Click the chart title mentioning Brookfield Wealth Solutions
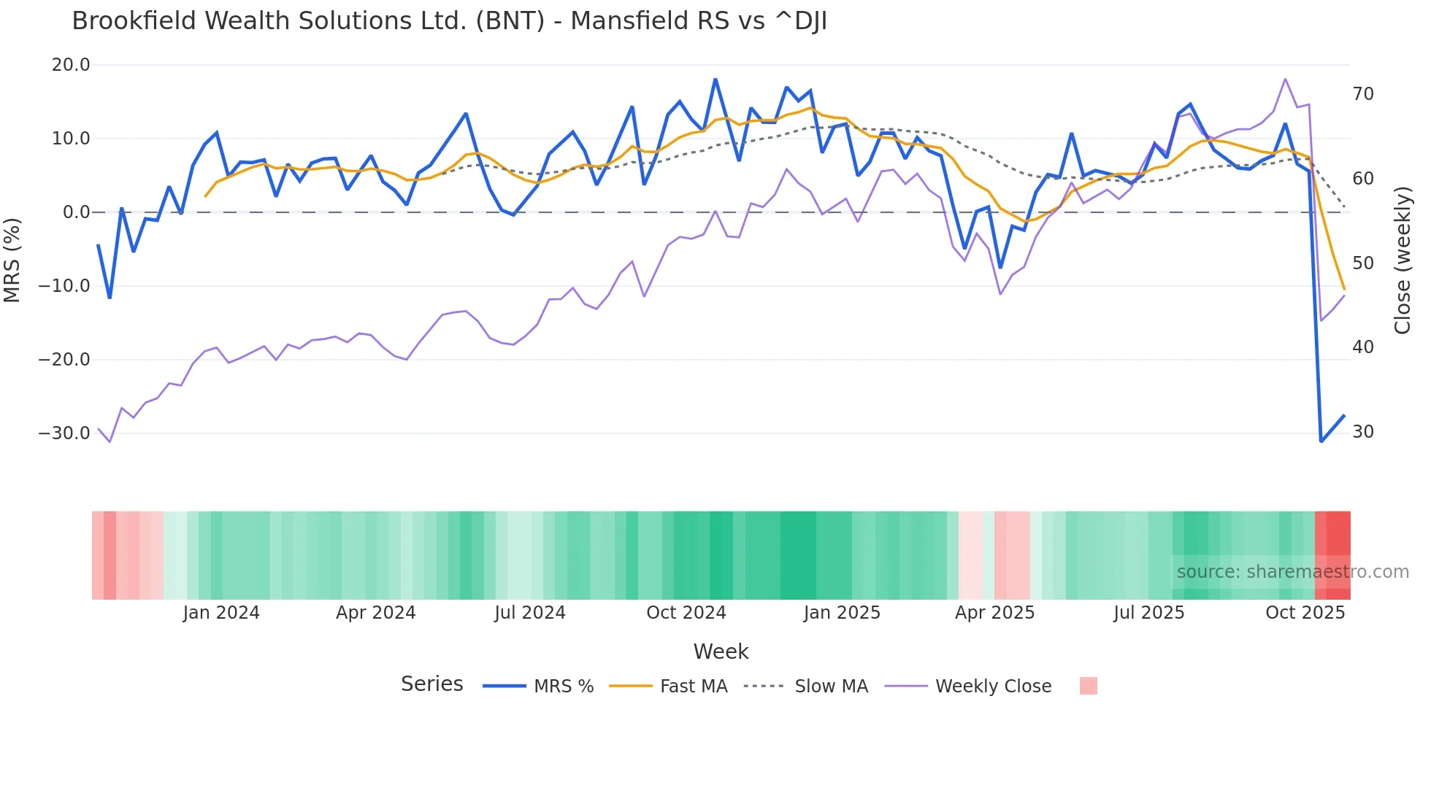(449, 21)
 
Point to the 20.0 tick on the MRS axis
(71, 65)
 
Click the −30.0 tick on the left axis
(64, 433)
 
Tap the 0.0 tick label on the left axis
(76, 212)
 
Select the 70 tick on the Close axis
(1362, 94)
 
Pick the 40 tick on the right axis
(1362, 347)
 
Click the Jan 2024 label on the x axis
(221, 613)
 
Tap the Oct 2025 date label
(1305, 613)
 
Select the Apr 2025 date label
(994, 613)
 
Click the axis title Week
(721, 652)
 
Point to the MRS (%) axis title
(12, 260)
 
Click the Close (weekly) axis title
(1403, 260)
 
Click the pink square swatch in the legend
(1088, 686)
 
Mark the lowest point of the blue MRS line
(1321, 441)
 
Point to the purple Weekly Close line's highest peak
(1285, 79)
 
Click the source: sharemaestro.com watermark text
(1292, 572)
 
